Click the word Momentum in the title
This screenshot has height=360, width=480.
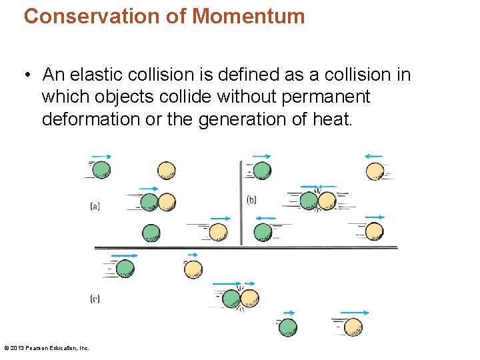248,16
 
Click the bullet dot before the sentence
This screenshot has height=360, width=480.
29,75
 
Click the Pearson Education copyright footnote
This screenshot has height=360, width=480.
47,347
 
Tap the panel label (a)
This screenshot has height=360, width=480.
95,207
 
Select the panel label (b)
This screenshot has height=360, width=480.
251,199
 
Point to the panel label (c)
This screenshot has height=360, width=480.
95,299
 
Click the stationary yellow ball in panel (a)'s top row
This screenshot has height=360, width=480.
166,171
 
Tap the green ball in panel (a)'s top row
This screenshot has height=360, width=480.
101,170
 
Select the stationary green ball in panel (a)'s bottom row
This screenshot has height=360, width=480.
151,233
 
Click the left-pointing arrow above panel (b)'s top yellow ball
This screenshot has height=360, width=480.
374,157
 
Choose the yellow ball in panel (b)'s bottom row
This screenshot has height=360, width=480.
374,231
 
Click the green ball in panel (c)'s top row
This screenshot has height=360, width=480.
125,269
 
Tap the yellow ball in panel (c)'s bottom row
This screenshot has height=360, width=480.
353,327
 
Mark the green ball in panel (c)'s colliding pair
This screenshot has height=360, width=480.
231,299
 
